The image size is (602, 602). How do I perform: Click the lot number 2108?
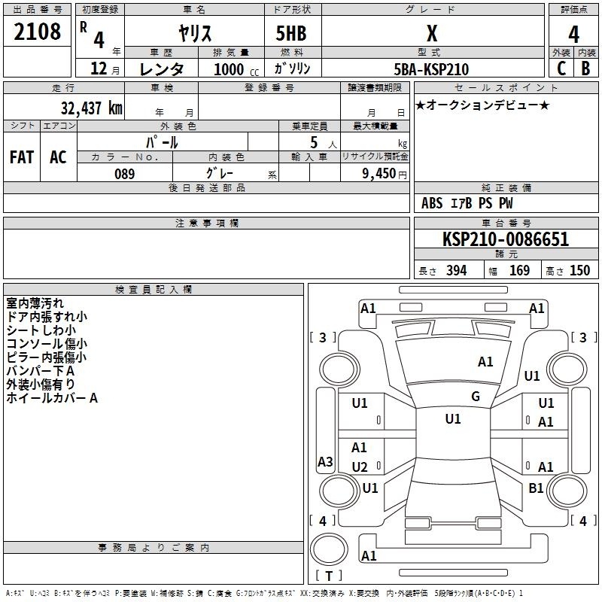click(37, 32)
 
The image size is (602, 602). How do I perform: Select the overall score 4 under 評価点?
click(573, 35)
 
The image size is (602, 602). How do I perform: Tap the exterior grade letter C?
click(561, 68)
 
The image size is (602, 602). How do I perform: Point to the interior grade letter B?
click(585, 68)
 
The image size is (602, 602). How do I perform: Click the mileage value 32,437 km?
click(91, 108)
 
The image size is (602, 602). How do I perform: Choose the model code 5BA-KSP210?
click(431, 69)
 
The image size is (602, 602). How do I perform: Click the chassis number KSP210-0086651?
click(506, 239)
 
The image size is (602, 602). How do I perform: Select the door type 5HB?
click(291, 33)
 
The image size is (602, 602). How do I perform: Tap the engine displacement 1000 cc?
click(236, 69)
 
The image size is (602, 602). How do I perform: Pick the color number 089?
click(125, 174)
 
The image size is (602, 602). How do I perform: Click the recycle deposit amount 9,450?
click(379, 174)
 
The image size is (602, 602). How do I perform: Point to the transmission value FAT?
click(22, 157)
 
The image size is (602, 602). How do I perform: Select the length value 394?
click(457, 270)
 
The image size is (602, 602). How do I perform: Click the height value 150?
click(579, 270)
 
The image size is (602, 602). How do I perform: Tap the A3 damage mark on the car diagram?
click(325, 461)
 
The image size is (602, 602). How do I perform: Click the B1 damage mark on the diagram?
click(536, 488)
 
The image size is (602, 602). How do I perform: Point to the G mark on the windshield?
click(476, 397)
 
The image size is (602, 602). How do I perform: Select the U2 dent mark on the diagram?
click(360, 467)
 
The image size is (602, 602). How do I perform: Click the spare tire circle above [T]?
click(329, 549)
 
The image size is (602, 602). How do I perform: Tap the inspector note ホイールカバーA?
click(52, 398)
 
